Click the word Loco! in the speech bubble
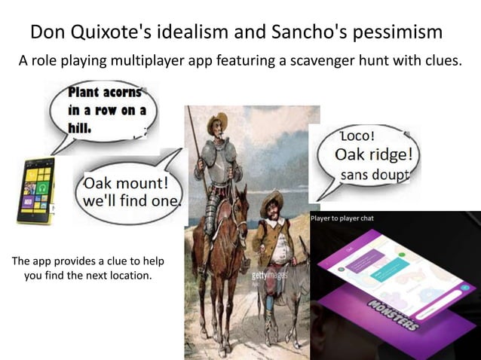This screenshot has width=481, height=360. (x=363, y=137)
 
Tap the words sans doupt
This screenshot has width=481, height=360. (x=375, y=175)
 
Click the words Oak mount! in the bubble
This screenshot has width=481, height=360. (x=126, y=185)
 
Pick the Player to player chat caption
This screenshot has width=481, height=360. (x=342, y=218)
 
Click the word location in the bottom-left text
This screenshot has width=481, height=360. (x=130, y=276)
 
